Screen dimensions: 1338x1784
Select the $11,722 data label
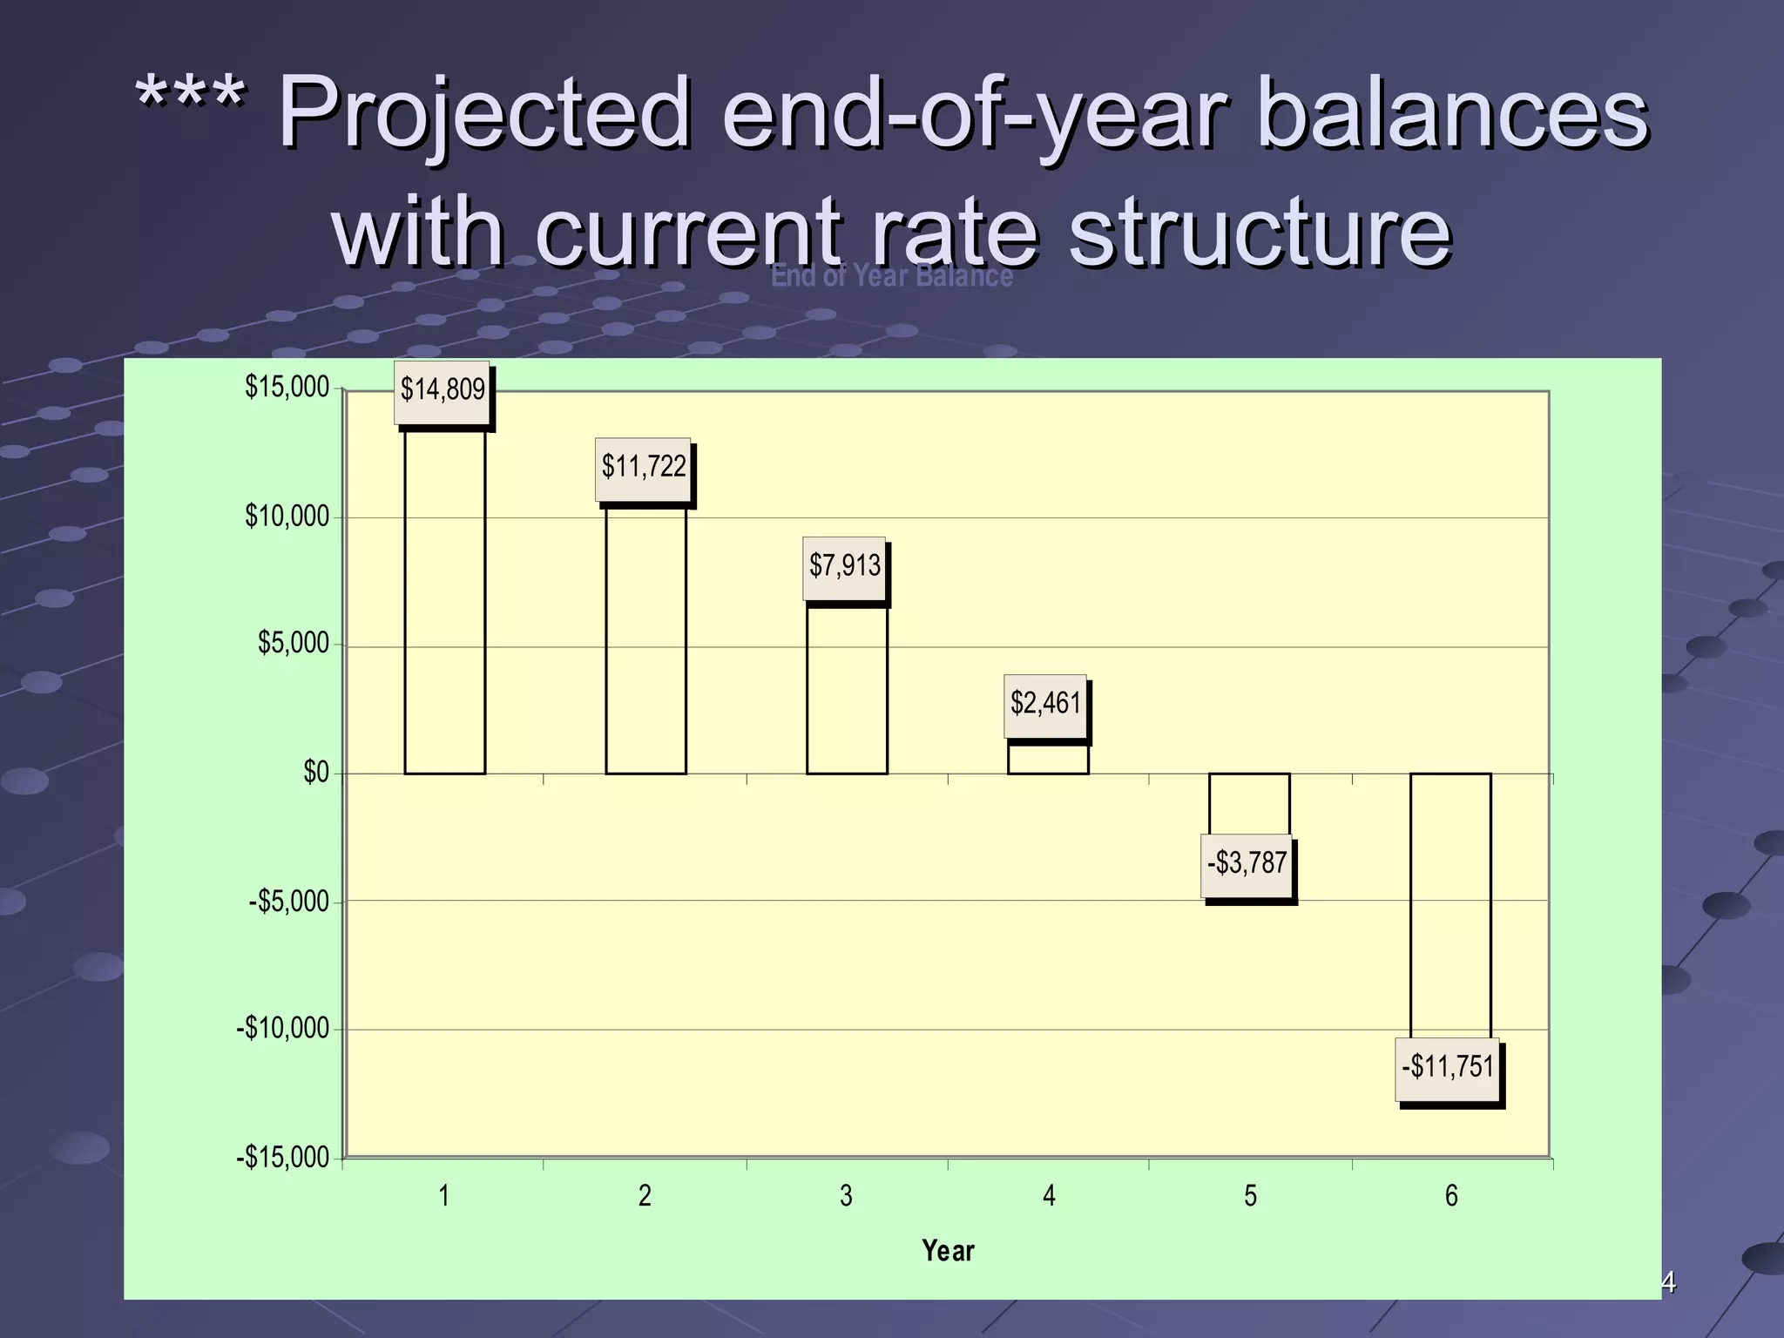point(643,469)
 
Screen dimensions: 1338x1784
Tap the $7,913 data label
point(844,567)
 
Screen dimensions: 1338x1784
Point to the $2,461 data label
point(1044,705)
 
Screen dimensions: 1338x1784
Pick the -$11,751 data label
point(1447,1068)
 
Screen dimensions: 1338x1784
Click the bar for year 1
point(444,601)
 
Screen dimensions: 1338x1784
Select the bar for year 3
point(847,688)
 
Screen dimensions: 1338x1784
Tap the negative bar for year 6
point(1450,906)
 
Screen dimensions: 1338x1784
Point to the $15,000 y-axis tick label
point(287,387)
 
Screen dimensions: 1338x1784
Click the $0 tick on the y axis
point(315,773)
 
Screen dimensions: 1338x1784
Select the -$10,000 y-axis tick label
point(283,1029)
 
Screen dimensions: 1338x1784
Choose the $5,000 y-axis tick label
point(293,644)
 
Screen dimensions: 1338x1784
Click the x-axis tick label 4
point(1049,1196)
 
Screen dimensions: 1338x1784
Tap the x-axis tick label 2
point(645,1196)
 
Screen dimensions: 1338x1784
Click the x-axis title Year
point(948,1251)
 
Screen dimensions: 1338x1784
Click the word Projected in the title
point(483,113)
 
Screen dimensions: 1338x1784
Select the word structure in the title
point(1259,231)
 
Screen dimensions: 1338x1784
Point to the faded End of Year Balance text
point(891,276)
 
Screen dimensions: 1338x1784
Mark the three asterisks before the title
point(190,100)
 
